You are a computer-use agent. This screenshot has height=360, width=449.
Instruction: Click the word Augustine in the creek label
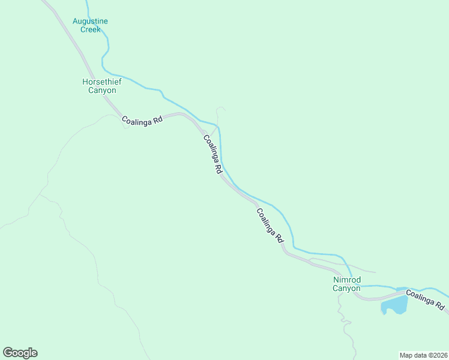pos(90,21)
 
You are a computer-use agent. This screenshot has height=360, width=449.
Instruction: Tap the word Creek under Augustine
pos(90,29)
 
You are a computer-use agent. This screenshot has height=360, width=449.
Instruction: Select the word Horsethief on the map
pos(99,82)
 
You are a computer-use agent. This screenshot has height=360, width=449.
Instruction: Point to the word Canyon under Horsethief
pos(99,91)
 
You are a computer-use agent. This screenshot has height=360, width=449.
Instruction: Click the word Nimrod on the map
pos(346,280)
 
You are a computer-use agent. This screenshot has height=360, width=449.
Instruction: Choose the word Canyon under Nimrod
pos(346,288)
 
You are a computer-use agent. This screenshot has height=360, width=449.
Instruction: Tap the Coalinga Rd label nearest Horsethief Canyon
pos(142,120)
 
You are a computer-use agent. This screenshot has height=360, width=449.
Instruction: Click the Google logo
pos(20,353)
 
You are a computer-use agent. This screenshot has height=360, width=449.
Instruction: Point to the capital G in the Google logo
pos(7,353)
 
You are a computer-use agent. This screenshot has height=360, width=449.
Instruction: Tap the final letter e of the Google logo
pos(34,353)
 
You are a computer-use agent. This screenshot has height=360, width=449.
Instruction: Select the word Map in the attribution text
pos(406,355)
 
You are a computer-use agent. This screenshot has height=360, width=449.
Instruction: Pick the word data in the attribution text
pos(419,355)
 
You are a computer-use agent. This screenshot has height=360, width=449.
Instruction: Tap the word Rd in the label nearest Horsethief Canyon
pos(158,119)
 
